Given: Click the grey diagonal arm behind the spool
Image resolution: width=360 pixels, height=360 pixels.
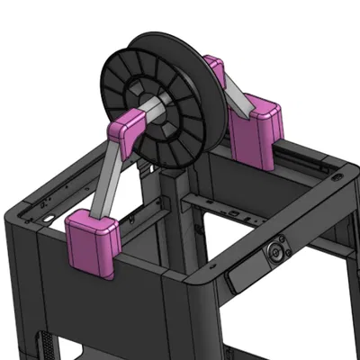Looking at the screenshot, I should click(x=232, y=91).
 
